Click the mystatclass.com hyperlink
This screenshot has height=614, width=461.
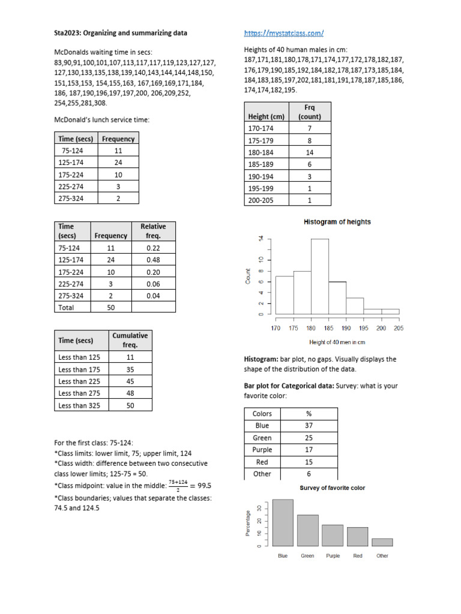click(284, 33)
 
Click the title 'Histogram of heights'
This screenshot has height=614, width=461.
click(337, 222)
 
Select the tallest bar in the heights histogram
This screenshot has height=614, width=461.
click(319, 276)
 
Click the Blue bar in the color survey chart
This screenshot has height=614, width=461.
click(283, 523)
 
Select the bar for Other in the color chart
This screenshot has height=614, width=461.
click(382, 542)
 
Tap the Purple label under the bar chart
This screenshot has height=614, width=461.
click(333, 556)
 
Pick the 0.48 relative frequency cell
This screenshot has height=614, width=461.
click(153, 259)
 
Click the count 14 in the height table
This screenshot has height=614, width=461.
click(310, 152)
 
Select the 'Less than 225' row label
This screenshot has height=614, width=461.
click(79, 381)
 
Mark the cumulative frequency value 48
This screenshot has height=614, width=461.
click(130, 393)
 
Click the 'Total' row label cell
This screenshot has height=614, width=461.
click(67, 307)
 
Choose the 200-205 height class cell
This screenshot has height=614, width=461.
click(261, 200)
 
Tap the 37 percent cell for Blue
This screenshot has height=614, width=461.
click(310, 426)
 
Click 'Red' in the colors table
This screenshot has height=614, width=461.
click(262, 462)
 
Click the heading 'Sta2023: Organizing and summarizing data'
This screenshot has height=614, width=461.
click(121, 33)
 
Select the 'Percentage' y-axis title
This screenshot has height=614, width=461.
click(247, 523)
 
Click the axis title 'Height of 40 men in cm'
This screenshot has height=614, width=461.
click(337, 342)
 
